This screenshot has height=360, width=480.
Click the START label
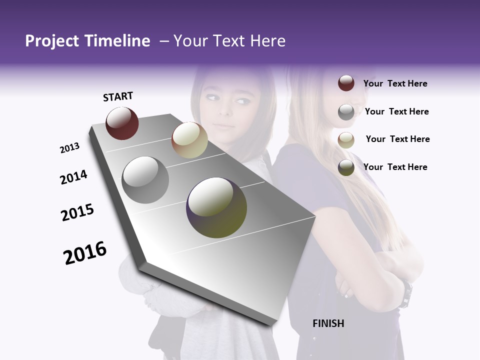(118, 96)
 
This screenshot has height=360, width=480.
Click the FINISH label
(328, 323)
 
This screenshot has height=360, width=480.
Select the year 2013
(69, 148)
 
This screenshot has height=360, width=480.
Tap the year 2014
(73, 177)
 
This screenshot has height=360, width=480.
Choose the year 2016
(85, 253)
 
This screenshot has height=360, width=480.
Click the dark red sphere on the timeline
(122, 123)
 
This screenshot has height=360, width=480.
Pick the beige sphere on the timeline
(189, 140)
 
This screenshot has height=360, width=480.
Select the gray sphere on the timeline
(145, 180)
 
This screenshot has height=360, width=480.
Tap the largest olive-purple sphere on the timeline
(216, 207)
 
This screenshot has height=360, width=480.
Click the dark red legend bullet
(346, 83)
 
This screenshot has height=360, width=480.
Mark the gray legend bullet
(346, 112)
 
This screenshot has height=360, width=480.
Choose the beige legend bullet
(346, 140)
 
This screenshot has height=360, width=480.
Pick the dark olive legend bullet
(346, 167)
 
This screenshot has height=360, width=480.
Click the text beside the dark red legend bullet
(395, 83)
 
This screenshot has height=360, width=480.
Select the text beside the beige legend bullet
(397, 139)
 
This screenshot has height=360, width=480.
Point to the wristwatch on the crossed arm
(407, 294)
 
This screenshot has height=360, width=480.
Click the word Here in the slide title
(267, 41)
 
